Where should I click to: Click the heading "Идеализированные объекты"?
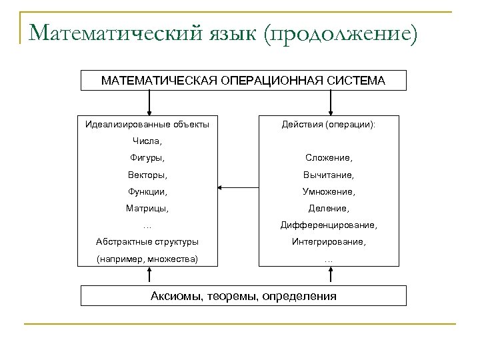(147, 124)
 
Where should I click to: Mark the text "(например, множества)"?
(147, 258)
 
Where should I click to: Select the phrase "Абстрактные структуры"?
(147, 241)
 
